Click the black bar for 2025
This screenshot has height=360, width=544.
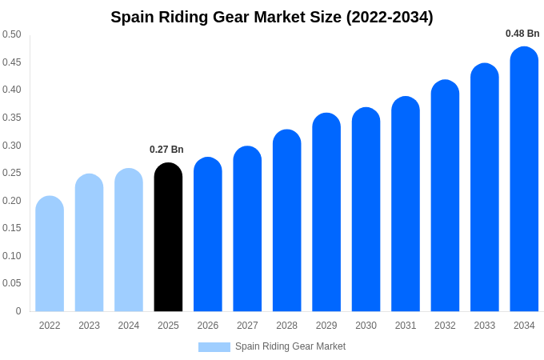[x=168, y=238]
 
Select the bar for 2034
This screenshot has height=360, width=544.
[x=524, y=179]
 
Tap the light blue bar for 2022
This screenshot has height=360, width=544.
[x=50, y=254]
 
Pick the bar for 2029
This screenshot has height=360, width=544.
[x=326, y=212]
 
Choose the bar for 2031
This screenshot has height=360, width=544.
[x=406, y=204]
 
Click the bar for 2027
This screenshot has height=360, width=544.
[x=247, y=229]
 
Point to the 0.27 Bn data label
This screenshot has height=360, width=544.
[x=166, y=150]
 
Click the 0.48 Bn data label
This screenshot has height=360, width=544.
[x=522, y=34]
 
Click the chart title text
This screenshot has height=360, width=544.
[x=272, y=17]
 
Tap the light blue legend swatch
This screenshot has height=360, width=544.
[x=214, y=346]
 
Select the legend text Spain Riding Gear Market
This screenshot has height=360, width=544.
[x=290, y=346]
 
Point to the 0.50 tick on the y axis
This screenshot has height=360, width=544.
[x=12, y=34]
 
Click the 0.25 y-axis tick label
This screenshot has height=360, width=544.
[x=12, y=173]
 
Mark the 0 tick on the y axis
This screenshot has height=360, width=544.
[x=18, y=311]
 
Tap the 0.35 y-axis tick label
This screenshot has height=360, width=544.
[x=12, y=118]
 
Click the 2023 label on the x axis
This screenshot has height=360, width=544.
[x=89, y=326]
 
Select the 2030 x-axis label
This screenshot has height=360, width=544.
[x=366, y=326]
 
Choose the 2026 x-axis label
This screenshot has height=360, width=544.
[x=208, y=326]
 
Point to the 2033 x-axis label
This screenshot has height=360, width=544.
[x=485, y=326]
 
